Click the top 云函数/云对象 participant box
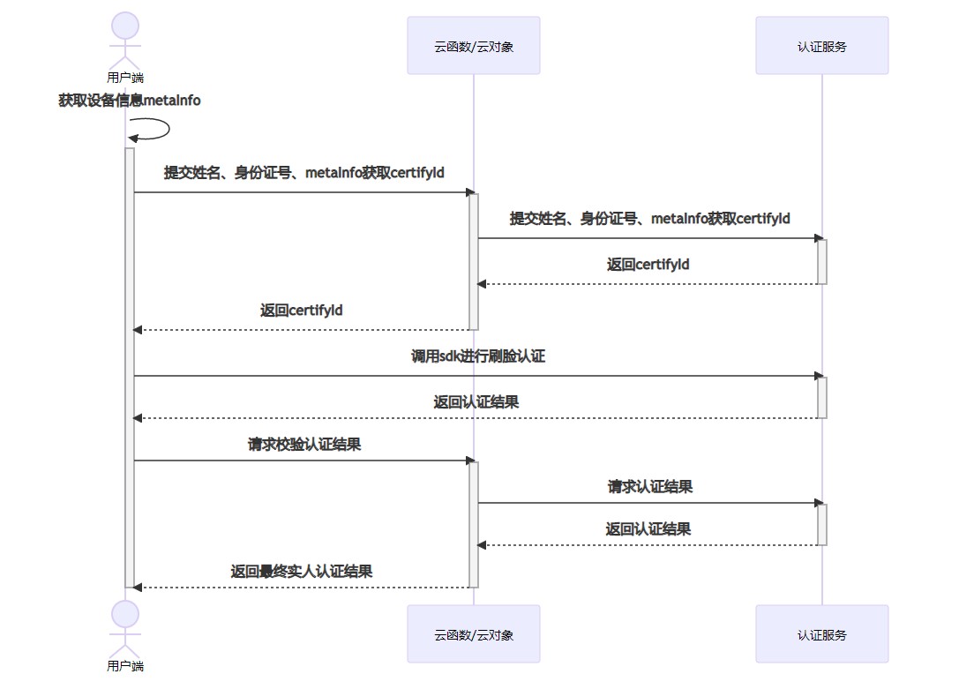pyautogui.click(x=474, y=45)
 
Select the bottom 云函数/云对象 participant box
pyautogui.click(x=474, y=633)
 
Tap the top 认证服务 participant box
pyautogui.click(x=822, y=45)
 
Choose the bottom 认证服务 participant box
pyautogui.click(x=822, y=633)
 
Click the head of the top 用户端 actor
pyautogui.click(x=125, y=26)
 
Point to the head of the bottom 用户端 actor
pyautogui.click(x=125, y=614)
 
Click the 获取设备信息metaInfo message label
pyautogui.click(x=129, y=101)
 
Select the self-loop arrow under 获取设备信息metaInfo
pyautogui.click(x=149, y=129)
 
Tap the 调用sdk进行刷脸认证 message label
pyautogui.click(x=477, y=356)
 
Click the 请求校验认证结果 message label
pyautogui.click(x=304, y=445)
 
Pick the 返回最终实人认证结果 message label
pyautogui.click(x=301, y=572)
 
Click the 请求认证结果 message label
pyautogui.click(x=649, y=486)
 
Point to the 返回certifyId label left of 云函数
pyautogui.click(x=301, y=310)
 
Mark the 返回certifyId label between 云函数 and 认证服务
pyautogui.click(x=648, y=264)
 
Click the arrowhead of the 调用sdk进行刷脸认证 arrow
pyautogui.click(x=820, y=376)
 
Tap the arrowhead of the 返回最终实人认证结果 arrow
pyautogui.click(x=138, y=588)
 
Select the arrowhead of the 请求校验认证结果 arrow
pyautogui.click(x=471, y=461)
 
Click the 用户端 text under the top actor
pyautogui.click(x=125, y=78)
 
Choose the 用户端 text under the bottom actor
pyautogui.click(x=125, y=666)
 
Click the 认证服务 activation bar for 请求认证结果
pyautogui.click(x=822, y=525)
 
